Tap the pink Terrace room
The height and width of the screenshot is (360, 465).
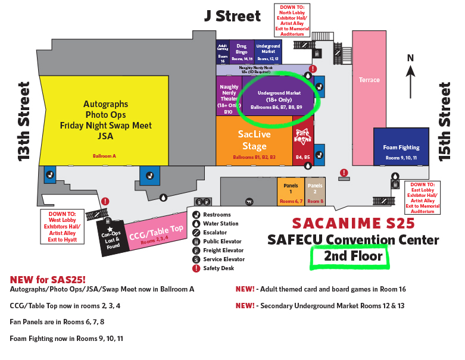369,80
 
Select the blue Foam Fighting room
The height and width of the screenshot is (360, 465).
401,146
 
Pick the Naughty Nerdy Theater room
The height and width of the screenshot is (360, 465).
228,98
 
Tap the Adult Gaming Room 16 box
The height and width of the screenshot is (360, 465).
223,52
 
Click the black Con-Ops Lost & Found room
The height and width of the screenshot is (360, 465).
112,236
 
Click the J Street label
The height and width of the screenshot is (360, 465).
233,16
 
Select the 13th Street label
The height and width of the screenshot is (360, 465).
24,122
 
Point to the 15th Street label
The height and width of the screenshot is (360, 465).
444,122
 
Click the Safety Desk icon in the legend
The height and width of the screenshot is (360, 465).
196,268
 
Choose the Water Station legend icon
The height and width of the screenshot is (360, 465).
196,224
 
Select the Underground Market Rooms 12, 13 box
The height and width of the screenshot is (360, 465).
268,52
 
